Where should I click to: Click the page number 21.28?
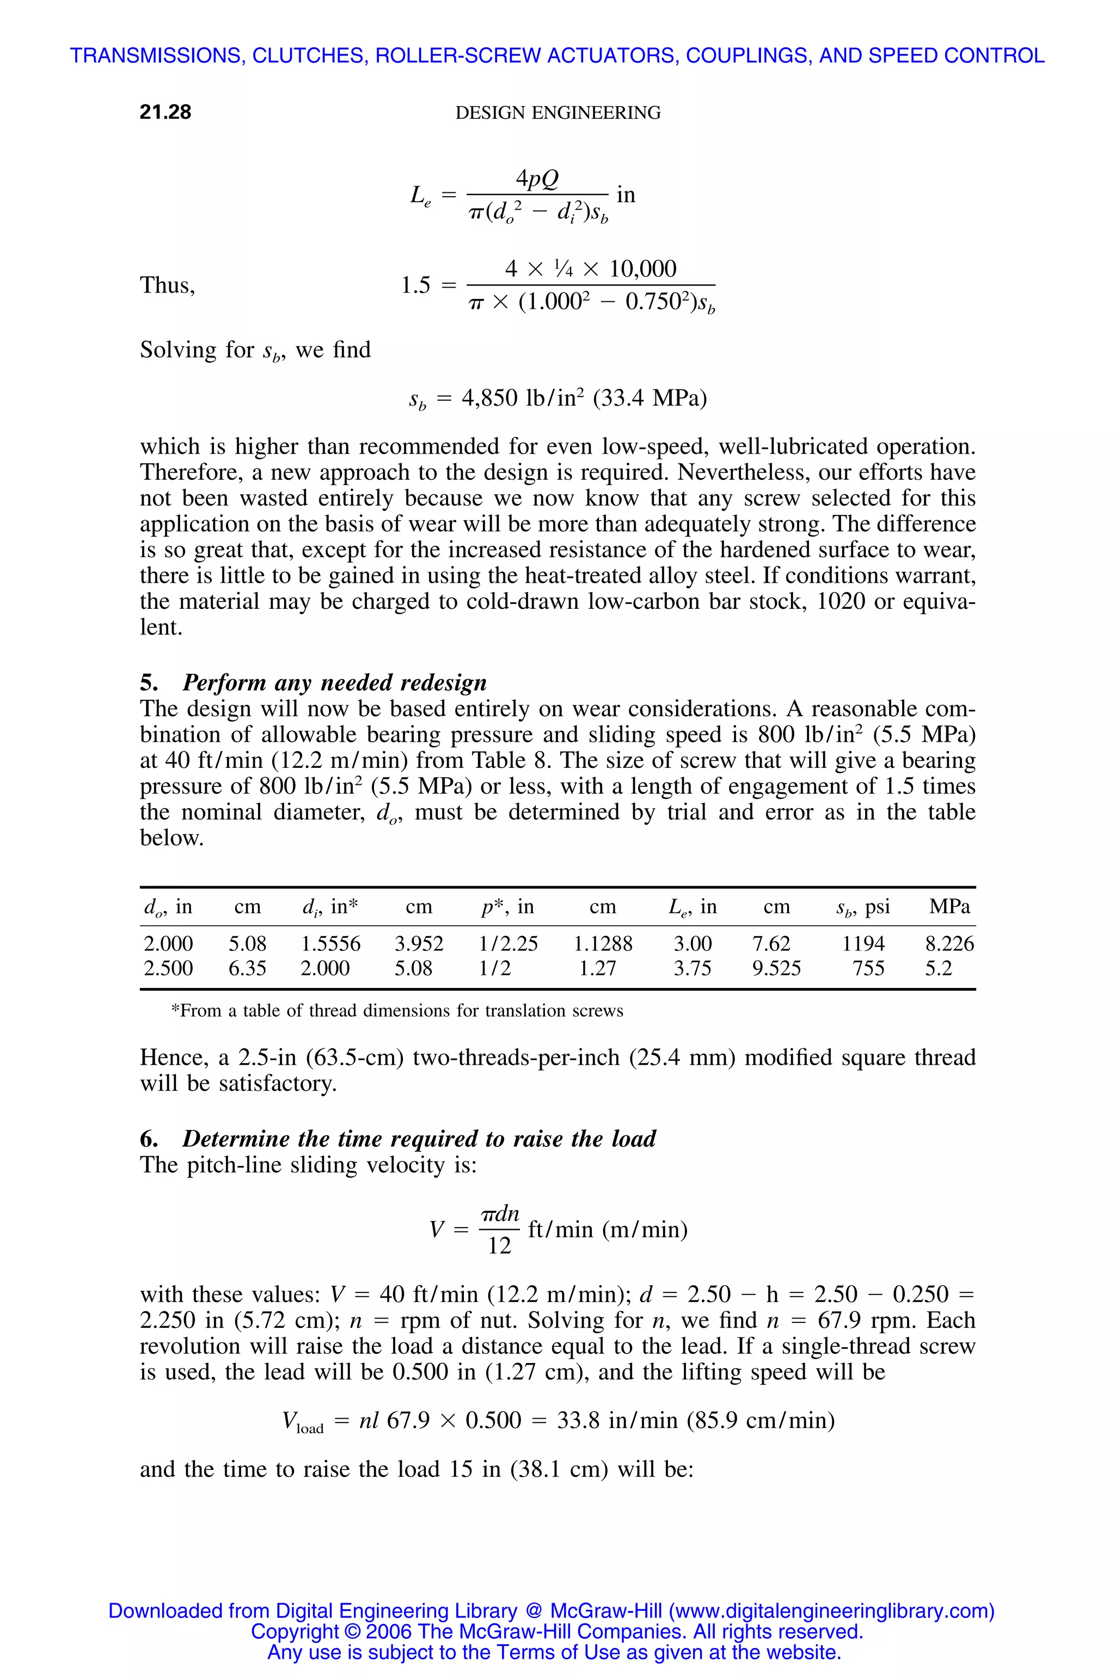[x=165, y=112]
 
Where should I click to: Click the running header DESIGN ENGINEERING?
[x=557, y=112]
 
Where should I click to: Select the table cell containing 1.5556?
[x=330, y=944]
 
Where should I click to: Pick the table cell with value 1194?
[x=863, y=944]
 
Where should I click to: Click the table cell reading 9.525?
[x=776, y=968]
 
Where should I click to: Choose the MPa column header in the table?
[x=949, y=906]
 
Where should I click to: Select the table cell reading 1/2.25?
[x=509, y=944]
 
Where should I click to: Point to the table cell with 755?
[x=868, y=968]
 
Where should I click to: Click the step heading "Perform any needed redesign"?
[x=334, y=682]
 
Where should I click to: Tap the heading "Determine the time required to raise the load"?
[x=419, y=1138]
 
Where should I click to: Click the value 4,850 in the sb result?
[x=490, y=398]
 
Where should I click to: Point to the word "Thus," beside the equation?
[x=167, y=285]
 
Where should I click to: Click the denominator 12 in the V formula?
[x=499, y=1245]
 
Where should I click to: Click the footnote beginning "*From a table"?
[x=397, y=1011]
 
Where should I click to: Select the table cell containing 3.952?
[x=419, y=944]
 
